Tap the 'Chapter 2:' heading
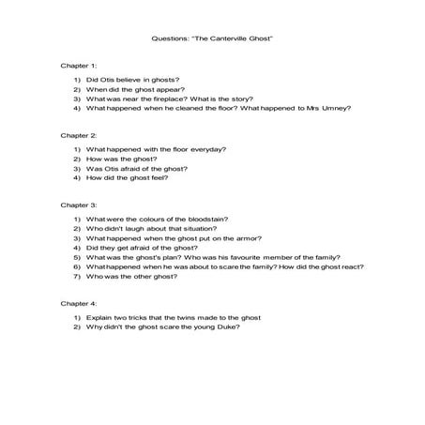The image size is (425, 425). pyautogui.click(x=78, y=135)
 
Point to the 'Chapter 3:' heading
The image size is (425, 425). pyautogui.click(x=78, y=205)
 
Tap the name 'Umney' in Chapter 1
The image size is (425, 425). pyautogui.click(x=333, y=109)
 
